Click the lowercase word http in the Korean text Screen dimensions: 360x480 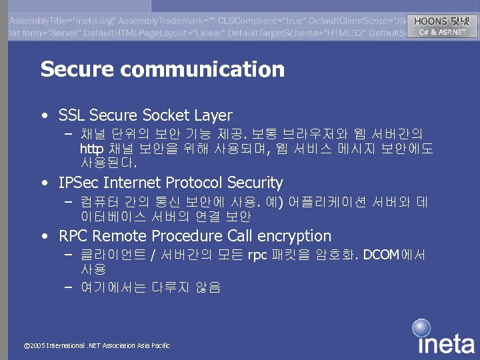click(91, 148)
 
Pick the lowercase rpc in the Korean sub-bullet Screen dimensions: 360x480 click(257, 255)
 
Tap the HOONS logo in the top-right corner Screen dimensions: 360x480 click(441, 21)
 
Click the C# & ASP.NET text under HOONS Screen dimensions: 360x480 click(442, 32)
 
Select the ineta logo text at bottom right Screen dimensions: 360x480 click(446, 344)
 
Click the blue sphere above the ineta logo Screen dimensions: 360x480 click(421, 327)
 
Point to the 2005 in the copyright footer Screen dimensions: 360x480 click(37, 345)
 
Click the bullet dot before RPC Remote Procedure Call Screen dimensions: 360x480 click(44, 235)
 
